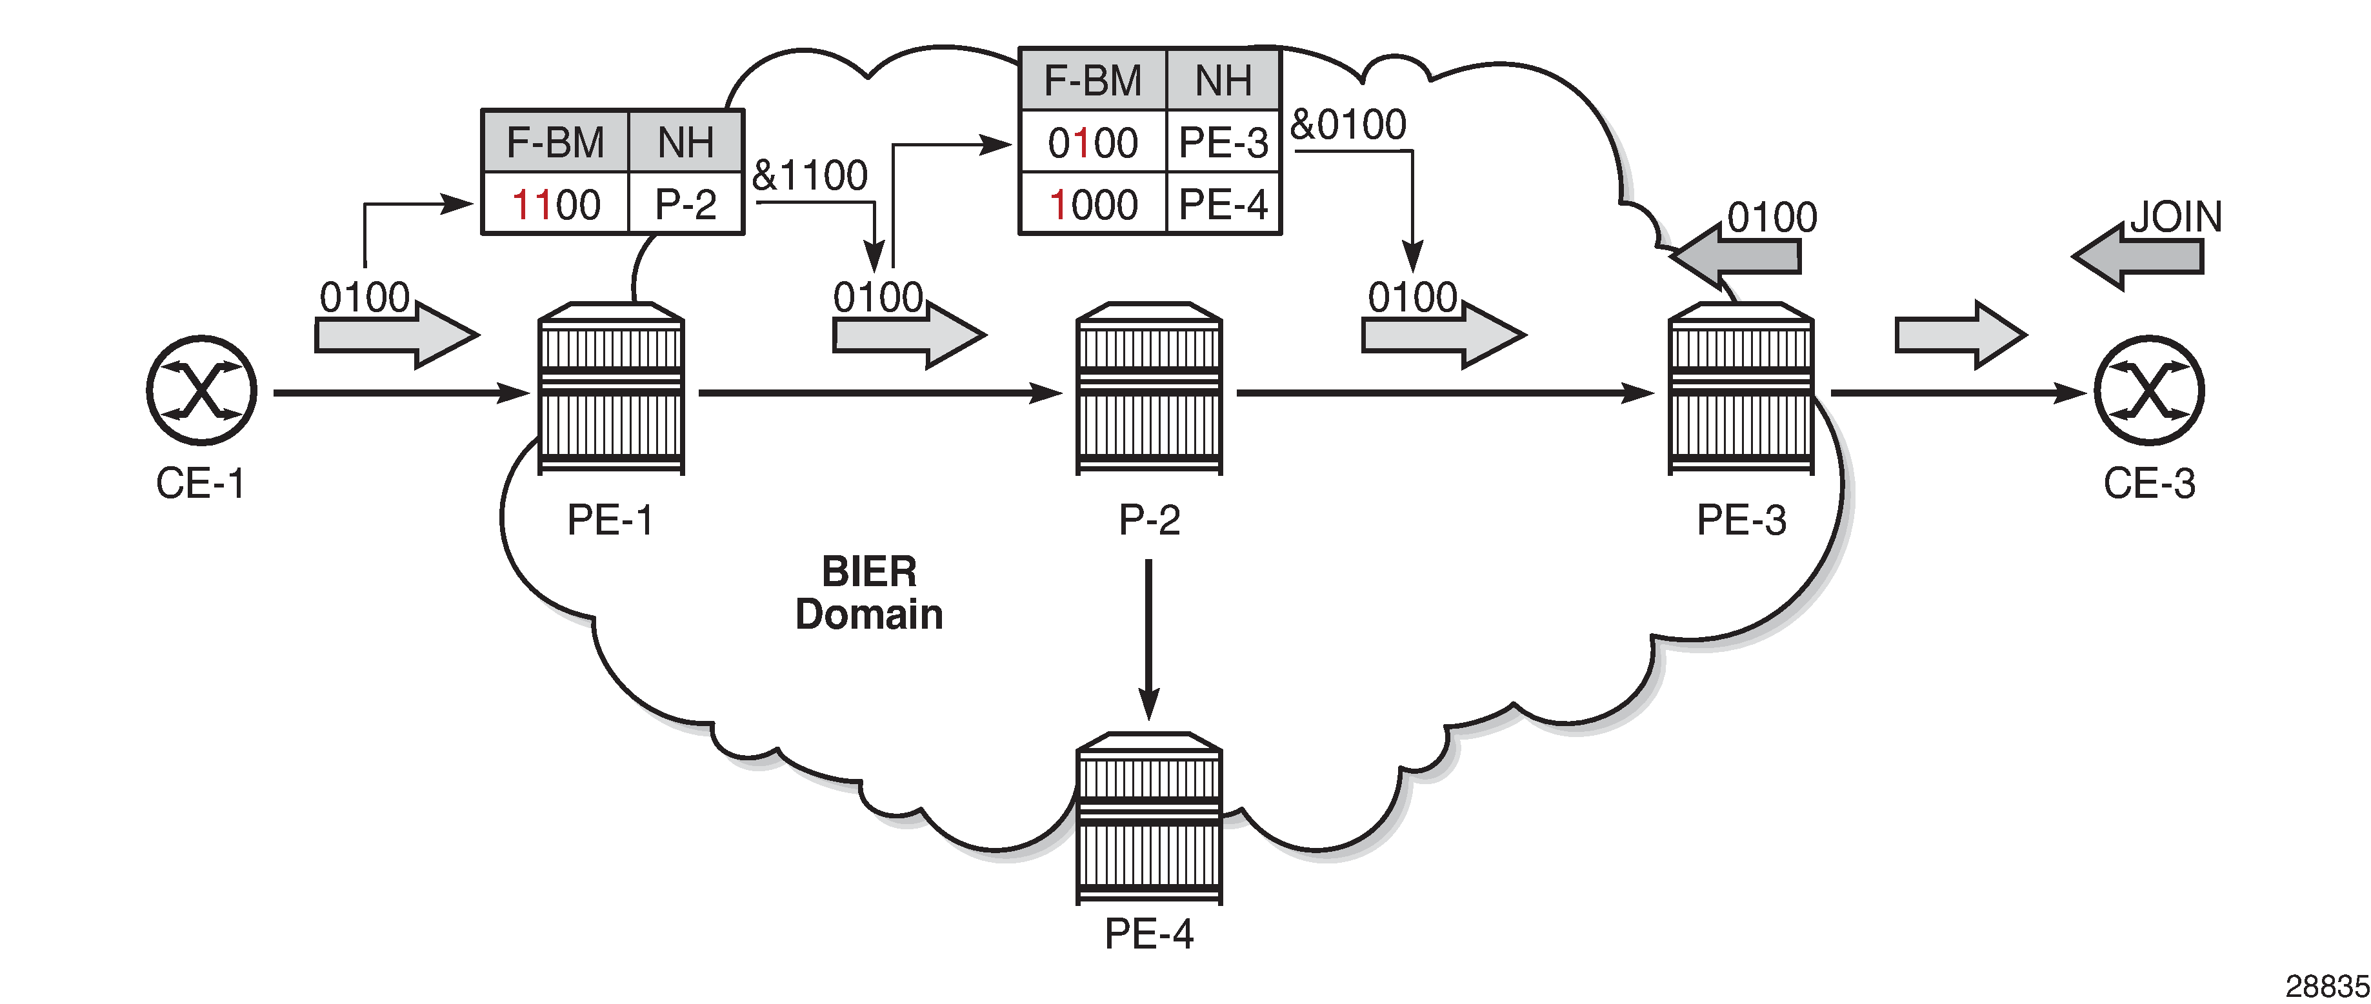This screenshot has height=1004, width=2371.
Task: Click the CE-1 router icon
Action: coord(201,391)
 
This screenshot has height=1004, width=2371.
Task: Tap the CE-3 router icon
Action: coord(2148,391)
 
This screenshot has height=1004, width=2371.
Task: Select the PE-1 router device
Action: coord(611,388)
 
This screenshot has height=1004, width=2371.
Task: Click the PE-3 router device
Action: coord(1741,388)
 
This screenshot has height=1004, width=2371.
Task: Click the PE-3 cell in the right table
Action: coord(1223,143)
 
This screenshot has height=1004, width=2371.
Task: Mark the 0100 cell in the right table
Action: coord(1092,143)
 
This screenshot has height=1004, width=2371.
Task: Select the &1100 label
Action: coord(810,175)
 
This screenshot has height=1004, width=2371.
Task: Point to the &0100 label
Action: coord(1348,124)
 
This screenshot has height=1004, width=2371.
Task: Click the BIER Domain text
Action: coord(869,593)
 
